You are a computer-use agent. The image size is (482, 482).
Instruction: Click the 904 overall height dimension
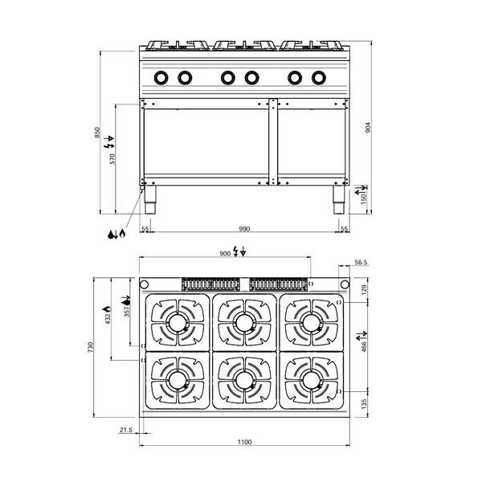coord(368,128)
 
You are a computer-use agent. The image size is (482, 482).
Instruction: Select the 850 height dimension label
coord(97,133)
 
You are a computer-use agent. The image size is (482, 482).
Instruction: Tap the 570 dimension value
coord(112,158)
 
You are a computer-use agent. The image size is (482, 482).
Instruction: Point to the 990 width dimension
coord(244,229)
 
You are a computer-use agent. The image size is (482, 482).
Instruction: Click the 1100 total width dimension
coord(244,442)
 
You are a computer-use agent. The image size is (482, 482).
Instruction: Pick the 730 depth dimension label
coord(90,347)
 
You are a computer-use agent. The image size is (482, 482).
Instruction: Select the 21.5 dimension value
coord(126,430)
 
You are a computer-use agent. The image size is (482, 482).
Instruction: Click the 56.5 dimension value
coord(361,262)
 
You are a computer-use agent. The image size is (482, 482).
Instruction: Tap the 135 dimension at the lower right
coord(364,404)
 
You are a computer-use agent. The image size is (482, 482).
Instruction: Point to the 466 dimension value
coord(364,346)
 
